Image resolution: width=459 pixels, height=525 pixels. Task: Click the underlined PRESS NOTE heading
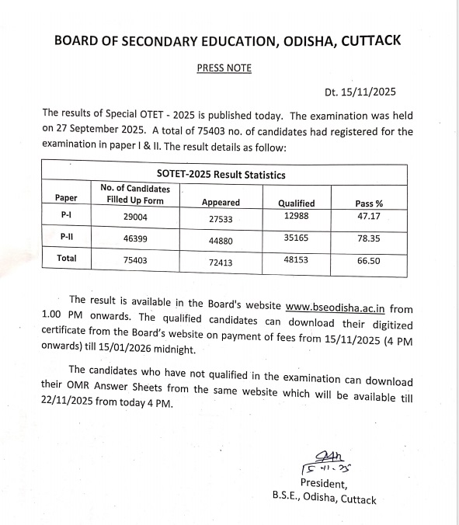click(x=224, y=68)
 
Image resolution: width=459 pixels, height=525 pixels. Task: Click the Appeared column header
click(x=221, y=203)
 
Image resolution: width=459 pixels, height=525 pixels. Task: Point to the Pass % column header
click(x=368, y=203)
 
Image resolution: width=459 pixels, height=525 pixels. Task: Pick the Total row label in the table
click(x=67, y=258)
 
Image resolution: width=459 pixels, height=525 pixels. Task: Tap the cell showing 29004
click(x=135, y=218)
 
